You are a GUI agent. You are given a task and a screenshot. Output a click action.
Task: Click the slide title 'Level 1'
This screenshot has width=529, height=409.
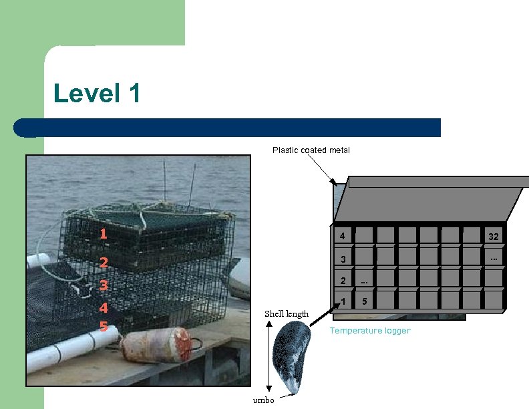pyautogui.click(x=98, y=93)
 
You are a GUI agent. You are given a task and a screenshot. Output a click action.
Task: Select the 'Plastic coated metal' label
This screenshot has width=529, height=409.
pyautogui.click(x=311, y=150)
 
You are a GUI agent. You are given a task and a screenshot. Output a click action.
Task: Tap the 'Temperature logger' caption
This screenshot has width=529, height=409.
pyautogui.click(x=370, y=331)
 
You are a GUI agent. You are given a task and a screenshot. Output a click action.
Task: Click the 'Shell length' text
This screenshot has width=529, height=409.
pyautogui.click(x=287, y=313)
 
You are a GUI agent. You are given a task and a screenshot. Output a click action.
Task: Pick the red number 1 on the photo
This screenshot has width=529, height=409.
pyautogui.click(x=103, y=234)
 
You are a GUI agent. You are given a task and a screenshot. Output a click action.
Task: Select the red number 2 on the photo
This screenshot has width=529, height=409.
pyautogui.click(x=103, y=263)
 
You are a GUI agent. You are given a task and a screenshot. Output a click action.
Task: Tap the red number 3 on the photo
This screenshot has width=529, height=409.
pyautogui.click(x=103, y=286)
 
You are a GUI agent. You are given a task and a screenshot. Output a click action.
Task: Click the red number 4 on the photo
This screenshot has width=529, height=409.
pyautogui.click(x=103, y=309)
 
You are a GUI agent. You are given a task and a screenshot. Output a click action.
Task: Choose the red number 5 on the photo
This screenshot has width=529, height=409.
pyautogui.click(x=103, y=327)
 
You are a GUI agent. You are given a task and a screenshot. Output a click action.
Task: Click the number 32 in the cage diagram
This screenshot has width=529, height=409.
pyautogui.click(x=493, y=237)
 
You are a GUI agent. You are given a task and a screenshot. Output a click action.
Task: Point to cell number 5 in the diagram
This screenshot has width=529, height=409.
pyautogui.click(x=364, y=301)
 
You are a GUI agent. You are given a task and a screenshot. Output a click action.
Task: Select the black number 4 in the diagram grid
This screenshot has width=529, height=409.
pyautogui.click(x=342, y=236)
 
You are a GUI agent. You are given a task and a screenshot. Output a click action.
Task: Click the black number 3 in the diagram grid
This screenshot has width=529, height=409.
pyautogui.click(x=342, y=259)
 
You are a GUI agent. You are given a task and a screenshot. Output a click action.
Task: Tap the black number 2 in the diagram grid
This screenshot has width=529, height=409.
pyautogui.click(x=342, y=281)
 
